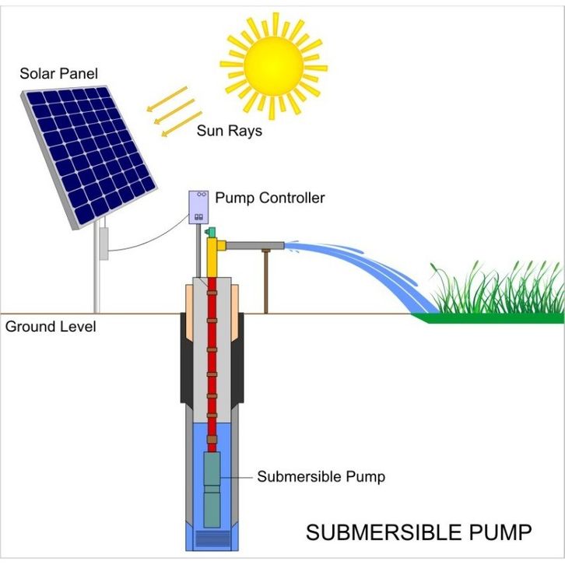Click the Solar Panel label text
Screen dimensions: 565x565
coord(58,75)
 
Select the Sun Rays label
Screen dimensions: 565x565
coord(229,131)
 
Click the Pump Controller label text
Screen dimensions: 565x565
coord(269,198)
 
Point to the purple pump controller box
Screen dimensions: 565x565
coord(200,207)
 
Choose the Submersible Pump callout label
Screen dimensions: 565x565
coord(321,476)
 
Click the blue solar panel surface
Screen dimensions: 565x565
coord(87,156)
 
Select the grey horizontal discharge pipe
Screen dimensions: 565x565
coord(254,245)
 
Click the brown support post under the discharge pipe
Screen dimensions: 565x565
coord(266,280)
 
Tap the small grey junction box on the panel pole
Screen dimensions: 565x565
coord(102,242)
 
